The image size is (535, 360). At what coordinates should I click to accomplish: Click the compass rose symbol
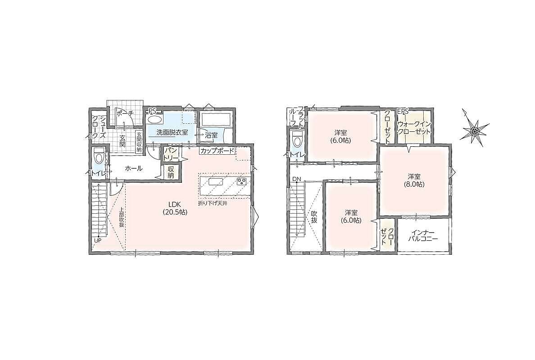[x=474, y=128]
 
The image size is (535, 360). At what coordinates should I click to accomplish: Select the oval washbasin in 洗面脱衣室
[x=154, y=120]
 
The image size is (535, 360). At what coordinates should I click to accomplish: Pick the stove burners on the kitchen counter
[x=242, y=181]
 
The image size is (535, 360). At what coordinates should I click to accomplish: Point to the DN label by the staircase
[x=296, y=179]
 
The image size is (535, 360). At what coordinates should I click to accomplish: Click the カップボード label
[x=218, y=150]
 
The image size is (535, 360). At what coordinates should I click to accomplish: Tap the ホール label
[x=133, y=168]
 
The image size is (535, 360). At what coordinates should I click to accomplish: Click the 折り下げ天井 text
[x=213, y=203]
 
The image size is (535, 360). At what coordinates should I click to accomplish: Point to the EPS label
[x=403, y=112]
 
